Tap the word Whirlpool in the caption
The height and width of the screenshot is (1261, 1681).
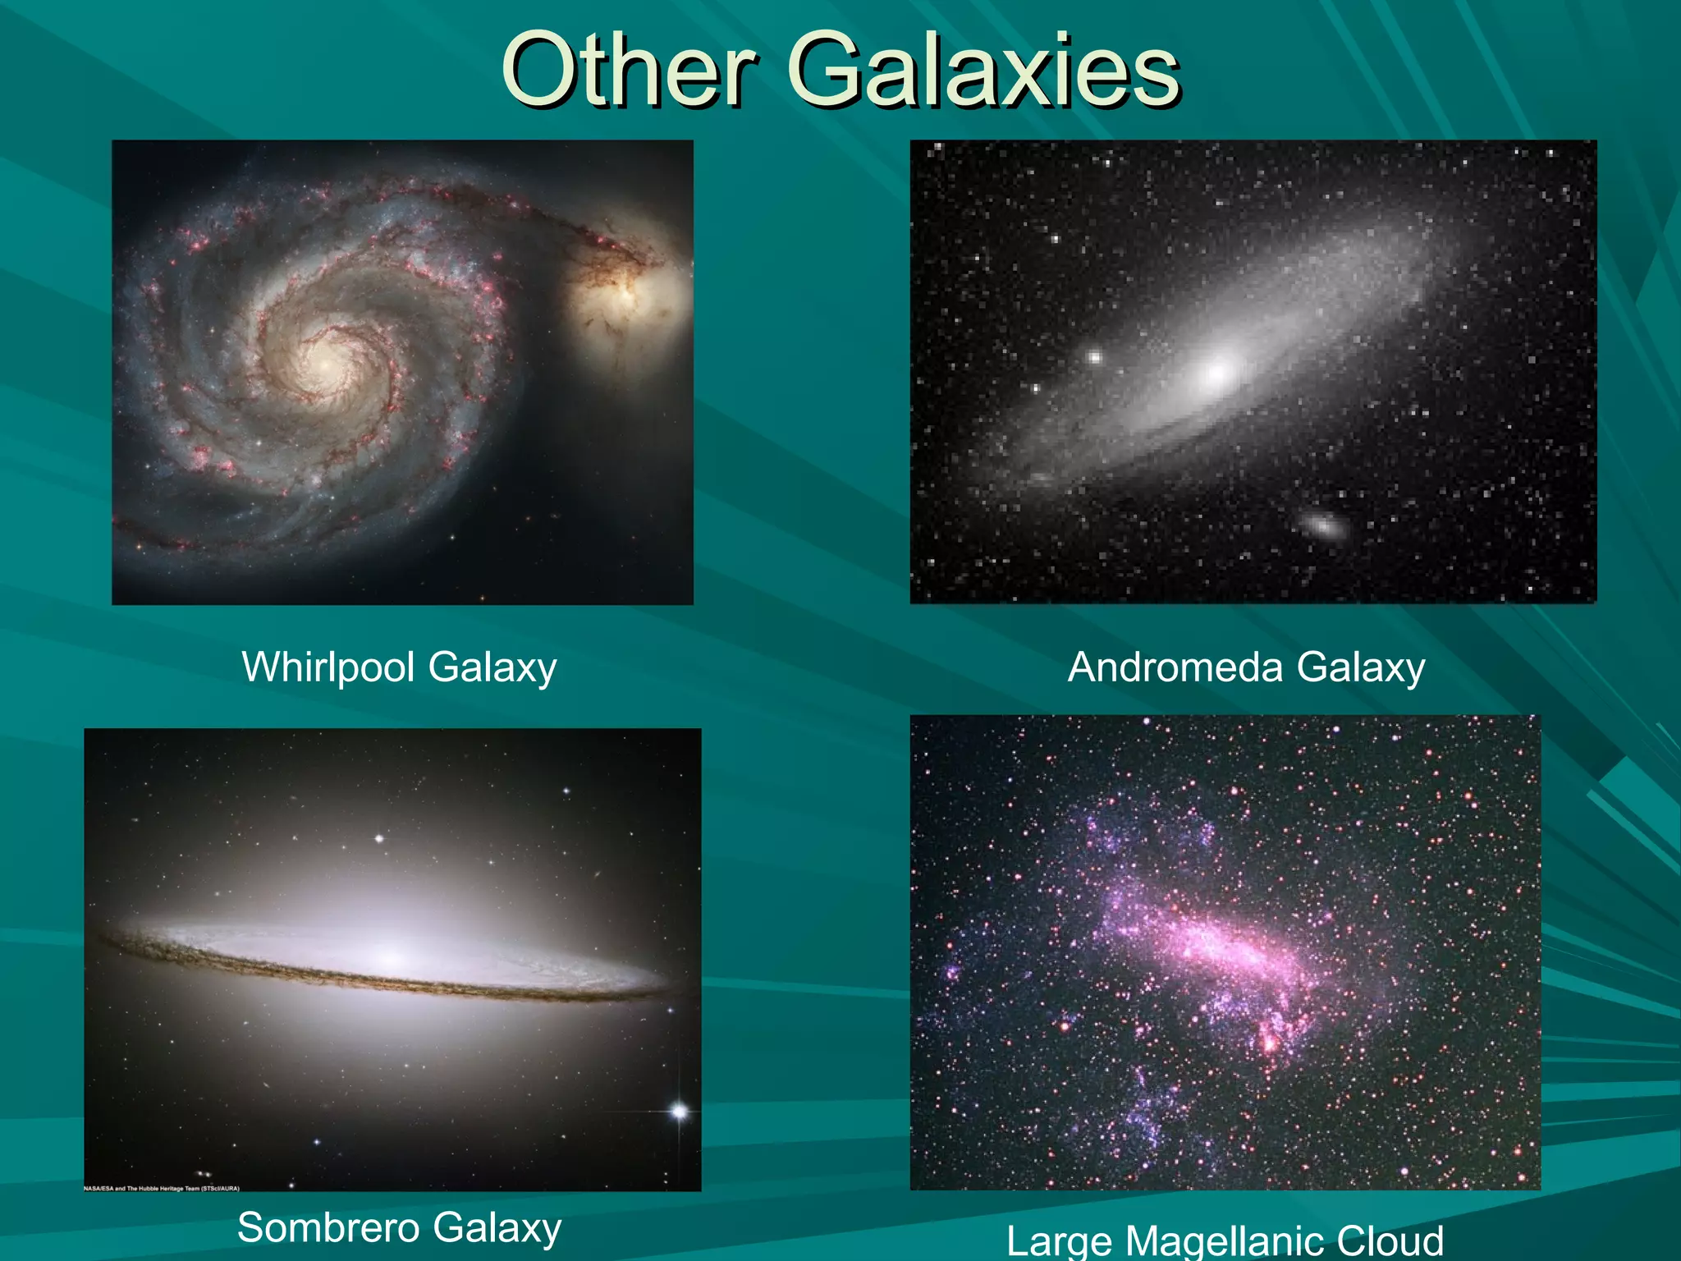click(327, 667)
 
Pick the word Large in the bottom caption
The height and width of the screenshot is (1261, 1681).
click(1059, 1242)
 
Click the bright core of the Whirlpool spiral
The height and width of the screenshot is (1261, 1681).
click(324, 361)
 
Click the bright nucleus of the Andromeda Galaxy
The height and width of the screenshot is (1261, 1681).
click(1218, 372)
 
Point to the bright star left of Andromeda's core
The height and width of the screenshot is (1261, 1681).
click(1094, 356)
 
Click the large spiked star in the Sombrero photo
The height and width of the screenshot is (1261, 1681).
click(679, 1112)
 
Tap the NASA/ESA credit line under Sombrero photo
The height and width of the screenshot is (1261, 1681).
click(162, 1188)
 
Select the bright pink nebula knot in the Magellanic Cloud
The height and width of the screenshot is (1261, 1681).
click(1269, 1043)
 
